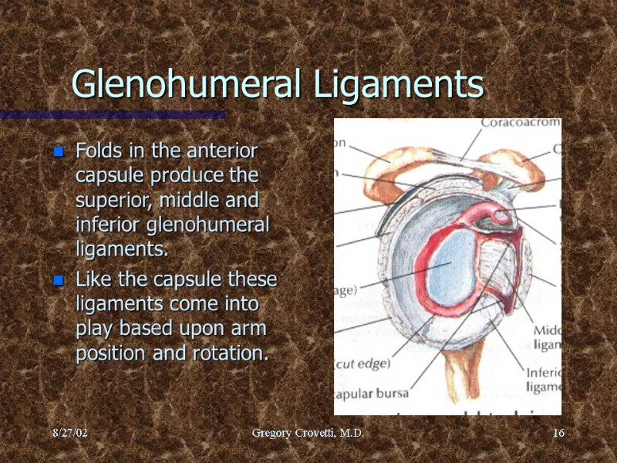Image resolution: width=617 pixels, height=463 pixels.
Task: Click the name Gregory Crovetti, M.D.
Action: (x=308, y=434)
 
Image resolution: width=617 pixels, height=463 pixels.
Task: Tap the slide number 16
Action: (x=558, y=434)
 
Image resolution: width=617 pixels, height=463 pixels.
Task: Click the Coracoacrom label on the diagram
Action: (x=520, y=123)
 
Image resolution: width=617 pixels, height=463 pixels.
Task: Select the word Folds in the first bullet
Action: (x=96, y=149)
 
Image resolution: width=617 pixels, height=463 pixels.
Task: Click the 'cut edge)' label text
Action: (x=359, y=364)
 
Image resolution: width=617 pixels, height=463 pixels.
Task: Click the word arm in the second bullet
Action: (x=250, y=328)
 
